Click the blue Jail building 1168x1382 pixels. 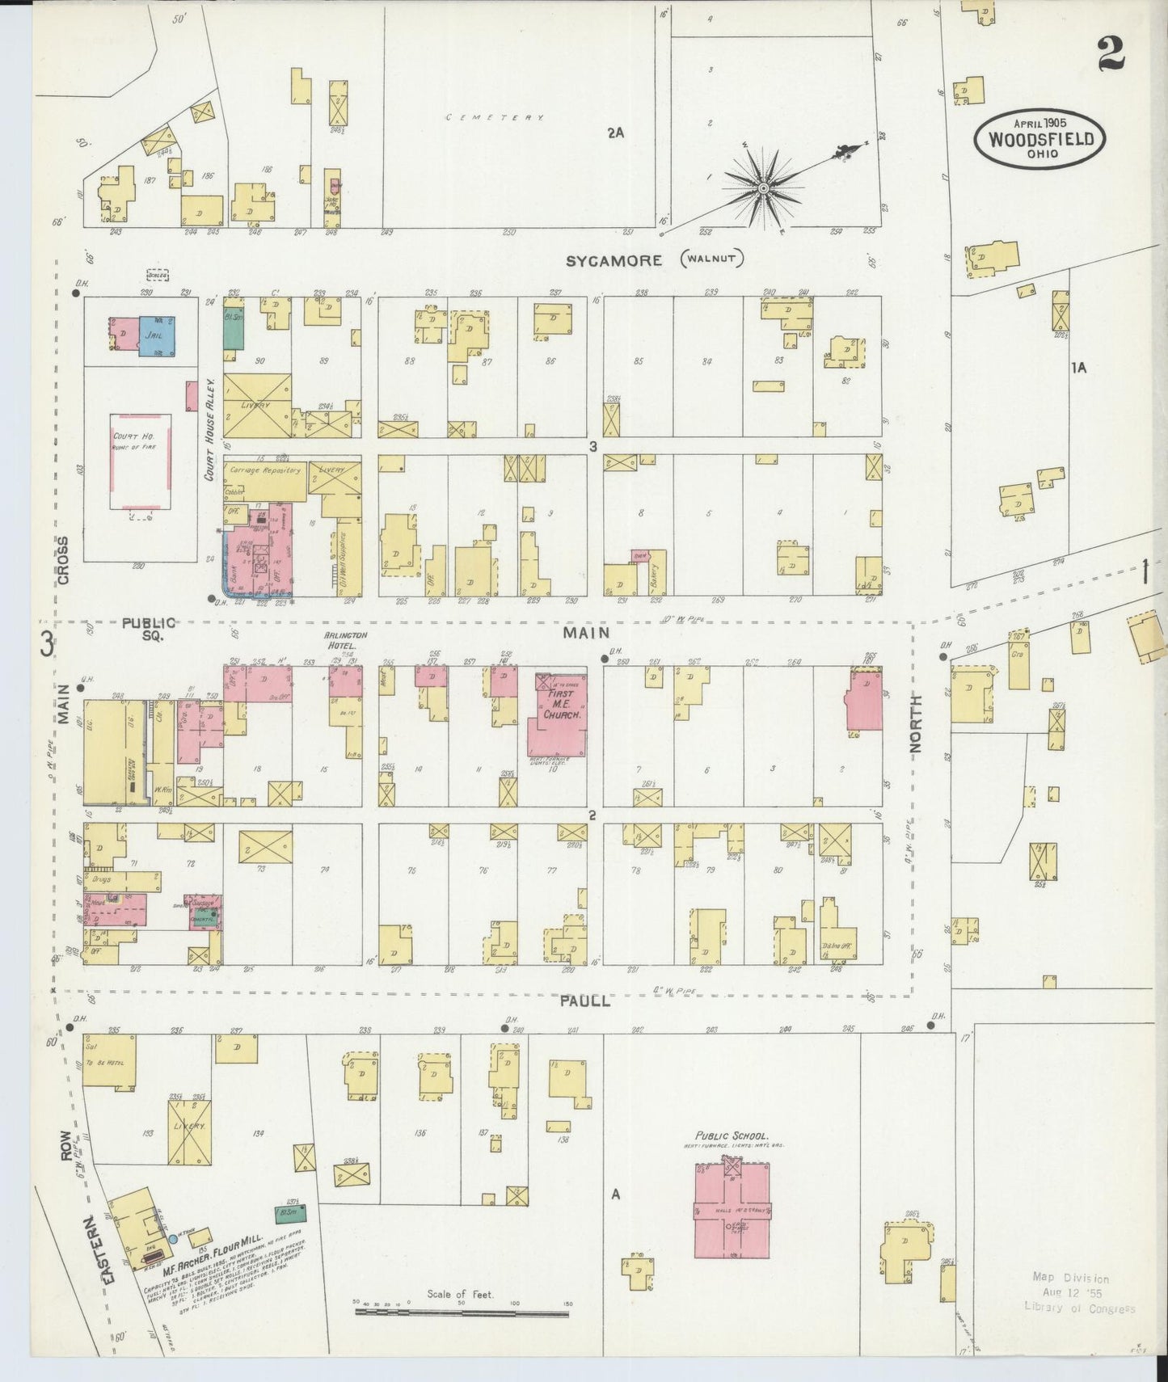coord(156,335)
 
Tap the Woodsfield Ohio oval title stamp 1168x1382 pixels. coord(1040,140)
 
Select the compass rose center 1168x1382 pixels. coord(762,189)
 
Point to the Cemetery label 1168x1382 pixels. coord(495,118)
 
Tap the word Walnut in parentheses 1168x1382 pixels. coord(711,259)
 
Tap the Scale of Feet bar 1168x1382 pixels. coord(462,1313)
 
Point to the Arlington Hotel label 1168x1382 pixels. coord(345,639)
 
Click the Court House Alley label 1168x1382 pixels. coord(209,429)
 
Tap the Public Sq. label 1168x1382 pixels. coord(149,628)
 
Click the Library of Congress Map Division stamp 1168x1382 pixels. coord(1078,1293)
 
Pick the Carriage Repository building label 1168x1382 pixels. coord(264,470)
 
